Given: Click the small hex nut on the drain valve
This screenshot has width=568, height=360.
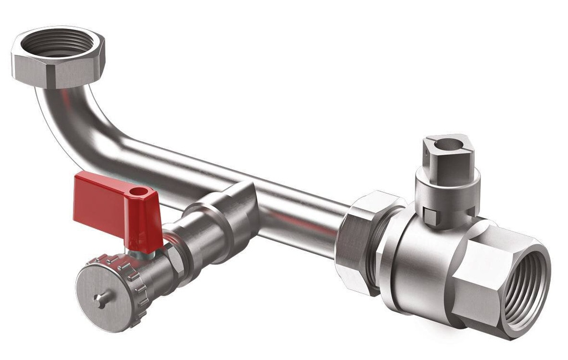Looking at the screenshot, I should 174,261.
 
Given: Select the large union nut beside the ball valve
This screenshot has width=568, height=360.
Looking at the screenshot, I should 358,244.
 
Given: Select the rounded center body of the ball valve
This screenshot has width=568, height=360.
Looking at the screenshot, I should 422,261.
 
